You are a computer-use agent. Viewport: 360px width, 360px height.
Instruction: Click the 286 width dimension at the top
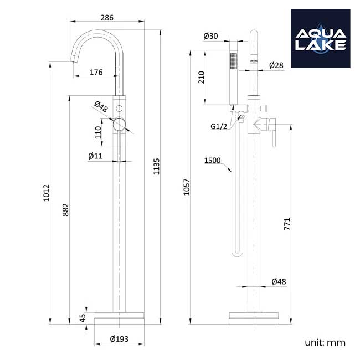point(107,18)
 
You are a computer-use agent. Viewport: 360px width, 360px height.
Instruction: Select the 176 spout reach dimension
point(96,71)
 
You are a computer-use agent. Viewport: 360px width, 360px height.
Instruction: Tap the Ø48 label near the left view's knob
point(100,105)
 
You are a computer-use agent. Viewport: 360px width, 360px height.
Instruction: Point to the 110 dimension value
point(98,133)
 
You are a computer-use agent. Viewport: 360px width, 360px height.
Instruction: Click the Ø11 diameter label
point(95,156)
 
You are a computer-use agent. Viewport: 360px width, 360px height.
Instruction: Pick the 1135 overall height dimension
point(156,167)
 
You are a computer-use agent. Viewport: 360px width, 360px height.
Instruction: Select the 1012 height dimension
point(47,193)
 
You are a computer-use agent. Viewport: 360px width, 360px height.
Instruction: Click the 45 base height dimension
point(83,318)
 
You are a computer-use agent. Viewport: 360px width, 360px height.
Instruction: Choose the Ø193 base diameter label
point(119,339)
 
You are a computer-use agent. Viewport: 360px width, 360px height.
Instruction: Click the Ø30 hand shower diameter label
point(211,36)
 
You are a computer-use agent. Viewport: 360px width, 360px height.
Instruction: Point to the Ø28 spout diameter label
point(276,65)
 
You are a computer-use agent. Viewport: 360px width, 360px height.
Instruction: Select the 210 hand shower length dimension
point(201,78)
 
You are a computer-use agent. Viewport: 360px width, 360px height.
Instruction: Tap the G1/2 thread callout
point(218,127)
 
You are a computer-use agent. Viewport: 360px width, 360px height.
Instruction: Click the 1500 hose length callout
point(212,161)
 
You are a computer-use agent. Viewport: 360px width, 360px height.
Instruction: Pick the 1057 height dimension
point(187,189)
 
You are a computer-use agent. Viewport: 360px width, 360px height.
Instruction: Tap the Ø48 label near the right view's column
point(279,282)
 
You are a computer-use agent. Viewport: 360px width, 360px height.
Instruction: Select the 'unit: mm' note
point(325,342)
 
